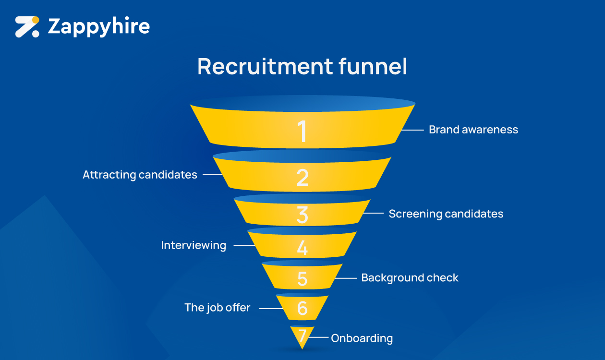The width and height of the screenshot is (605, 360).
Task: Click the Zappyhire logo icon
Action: (x=27, y=26)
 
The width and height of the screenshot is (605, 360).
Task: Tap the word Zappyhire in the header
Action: (x=99, y=27)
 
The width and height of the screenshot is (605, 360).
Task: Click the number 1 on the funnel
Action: (x=302, y=131)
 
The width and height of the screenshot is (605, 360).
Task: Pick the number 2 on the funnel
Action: (x=302, y=178)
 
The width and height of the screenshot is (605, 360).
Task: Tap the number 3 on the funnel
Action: (x=302, y=216)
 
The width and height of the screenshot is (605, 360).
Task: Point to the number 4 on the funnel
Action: (x=302, y=248)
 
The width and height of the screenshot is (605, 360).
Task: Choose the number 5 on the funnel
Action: (x=302, y=279)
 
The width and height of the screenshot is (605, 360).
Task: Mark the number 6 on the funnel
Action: (x=302, y=308)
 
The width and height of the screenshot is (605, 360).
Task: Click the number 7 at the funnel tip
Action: (x=302, y=336)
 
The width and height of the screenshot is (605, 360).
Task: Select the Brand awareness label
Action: (x=473, y=130)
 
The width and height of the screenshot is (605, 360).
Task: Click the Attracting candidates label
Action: (x=140, y=175)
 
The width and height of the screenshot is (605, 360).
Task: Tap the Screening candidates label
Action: (x=446, y=214)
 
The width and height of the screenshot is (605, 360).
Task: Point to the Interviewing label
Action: (x=194, y=245)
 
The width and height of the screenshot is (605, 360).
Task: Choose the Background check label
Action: (x=410, y=278)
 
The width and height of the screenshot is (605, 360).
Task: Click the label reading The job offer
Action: (x=218, y=308)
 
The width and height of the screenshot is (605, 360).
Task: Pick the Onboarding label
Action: (x=362, y=338)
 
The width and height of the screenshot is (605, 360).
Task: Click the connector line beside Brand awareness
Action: (x=412, y=130)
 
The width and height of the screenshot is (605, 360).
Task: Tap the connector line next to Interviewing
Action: (x=244, y=246)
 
